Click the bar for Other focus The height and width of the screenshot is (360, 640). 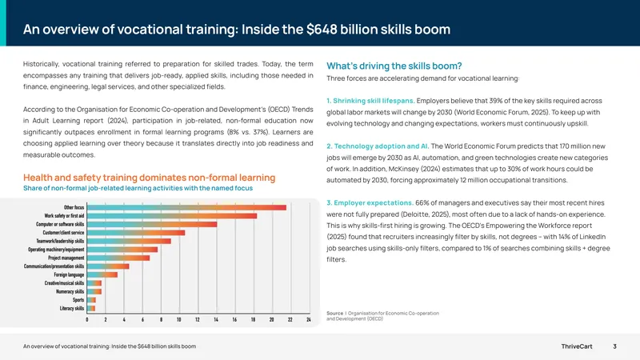186,207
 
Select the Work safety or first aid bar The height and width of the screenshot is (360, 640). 172,216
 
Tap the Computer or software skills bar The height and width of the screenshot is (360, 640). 152,224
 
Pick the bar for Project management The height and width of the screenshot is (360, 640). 118,258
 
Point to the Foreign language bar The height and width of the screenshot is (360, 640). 102,274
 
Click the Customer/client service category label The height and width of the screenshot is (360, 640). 63,233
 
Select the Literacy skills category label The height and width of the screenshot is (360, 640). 72,309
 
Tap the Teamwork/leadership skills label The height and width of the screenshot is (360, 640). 60,242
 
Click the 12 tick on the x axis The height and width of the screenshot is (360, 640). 198,319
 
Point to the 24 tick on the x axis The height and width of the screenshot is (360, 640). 309,319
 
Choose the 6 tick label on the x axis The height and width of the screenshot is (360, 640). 142,319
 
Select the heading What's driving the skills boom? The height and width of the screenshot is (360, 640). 394,66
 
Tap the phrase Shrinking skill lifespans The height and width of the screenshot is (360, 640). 374,101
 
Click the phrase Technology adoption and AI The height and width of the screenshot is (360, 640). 382,146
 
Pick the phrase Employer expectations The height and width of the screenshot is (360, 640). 374,203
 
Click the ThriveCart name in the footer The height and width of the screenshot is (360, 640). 577,346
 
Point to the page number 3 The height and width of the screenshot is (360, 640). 614,346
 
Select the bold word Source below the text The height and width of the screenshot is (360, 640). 334,314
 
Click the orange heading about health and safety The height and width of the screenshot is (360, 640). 150,178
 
